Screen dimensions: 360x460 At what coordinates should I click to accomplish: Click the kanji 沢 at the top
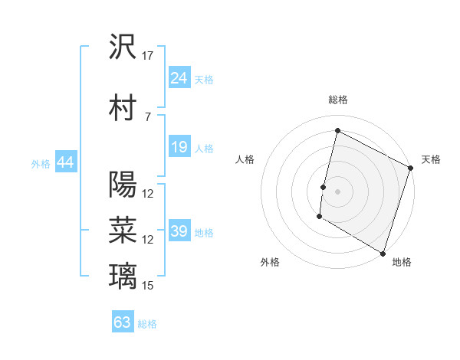pos(123,47)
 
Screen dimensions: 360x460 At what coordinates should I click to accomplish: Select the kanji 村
pos(123,108)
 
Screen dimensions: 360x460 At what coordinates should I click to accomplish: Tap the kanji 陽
pos(123,185)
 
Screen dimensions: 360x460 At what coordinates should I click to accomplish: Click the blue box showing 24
pos(179,78)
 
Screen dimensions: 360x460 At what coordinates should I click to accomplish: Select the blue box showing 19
pos(179,147)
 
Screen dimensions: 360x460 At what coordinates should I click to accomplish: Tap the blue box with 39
pos(179,231)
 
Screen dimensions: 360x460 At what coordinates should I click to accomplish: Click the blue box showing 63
pos(123,322)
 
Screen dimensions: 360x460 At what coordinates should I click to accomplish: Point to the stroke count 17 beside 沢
pos(148,56)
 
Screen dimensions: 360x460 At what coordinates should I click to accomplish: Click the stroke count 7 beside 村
pos(148,116)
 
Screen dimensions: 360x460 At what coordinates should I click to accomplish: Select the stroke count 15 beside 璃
pos(148,286)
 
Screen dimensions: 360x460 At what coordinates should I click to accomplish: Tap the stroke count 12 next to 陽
pos(148,194)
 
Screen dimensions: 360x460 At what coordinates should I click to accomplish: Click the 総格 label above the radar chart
pos(338,100)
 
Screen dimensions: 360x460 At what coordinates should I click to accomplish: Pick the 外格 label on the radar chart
pos(270,262)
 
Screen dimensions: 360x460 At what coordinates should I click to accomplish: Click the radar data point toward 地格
pos(383,253)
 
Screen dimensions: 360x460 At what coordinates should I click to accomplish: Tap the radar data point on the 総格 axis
pos(337,131)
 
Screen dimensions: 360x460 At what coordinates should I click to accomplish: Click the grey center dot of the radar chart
pos(337,191)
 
